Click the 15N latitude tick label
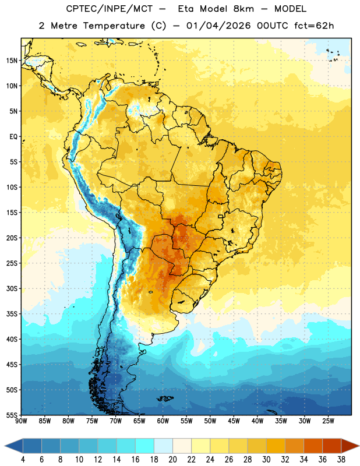12,61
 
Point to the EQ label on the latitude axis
13,137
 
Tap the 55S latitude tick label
12,415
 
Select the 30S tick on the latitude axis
12,288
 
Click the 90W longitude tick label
21,421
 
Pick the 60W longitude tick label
163,421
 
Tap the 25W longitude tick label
328,421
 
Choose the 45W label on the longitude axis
234,421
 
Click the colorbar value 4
23,460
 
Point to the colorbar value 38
341,460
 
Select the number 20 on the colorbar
172,460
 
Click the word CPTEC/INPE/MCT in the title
110,9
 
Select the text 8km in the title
243,9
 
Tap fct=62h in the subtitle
314,26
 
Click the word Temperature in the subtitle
114,26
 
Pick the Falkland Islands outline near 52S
165,398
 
